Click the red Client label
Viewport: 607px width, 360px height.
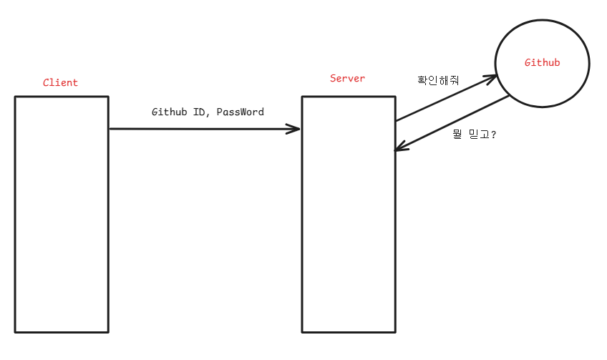[60, 82]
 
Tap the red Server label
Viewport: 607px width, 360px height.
[347, 78]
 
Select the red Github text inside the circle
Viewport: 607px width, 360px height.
[542, 63]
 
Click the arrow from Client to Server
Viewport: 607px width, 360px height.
[204, 130]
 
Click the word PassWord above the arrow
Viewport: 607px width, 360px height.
[241, 112]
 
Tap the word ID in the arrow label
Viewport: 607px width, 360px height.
[200, 112]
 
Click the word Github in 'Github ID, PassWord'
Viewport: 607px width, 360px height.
[170, 112]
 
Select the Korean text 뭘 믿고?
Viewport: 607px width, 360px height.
[474, 134]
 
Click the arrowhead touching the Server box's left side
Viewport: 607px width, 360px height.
[293, 130]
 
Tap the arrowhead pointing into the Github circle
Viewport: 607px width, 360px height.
[490, 76]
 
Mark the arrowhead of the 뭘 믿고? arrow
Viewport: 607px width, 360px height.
[401, 148]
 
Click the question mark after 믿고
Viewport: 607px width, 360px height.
[494, 134]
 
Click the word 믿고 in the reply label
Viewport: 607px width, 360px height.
[478, 134]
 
